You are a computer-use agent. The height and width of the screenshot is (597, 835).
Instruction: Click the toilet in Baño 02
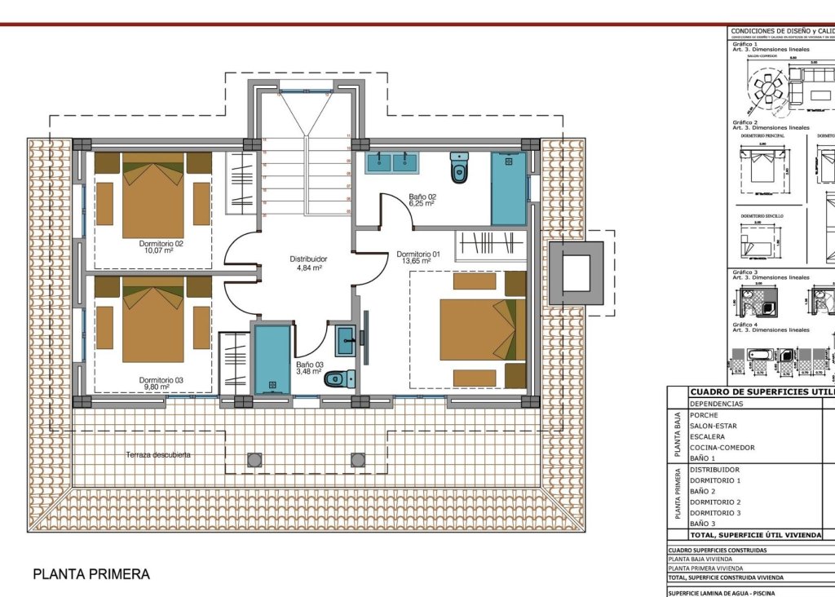click(x=459, y=169)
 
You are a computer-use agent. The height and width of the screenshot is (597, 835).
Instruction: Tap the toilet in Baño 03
click(x=340, y=379)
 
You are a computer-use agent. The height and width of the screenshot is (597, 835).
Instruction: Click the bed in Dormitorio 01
click(x=478, y=329)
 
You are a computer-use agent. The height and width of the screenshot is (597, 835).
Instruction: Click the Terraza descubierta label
click(x=158, y=454)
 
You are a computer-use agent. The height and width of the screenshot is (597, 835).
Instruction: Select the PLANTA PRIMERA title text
click(x=91, y=574)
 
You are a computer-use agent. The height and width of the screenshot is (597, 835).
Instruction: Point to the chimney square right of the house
click(x=575, y=273)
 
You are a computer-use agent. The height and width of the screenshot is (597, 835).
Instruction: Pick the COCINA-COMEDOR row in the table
click(x=722, y=448)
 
